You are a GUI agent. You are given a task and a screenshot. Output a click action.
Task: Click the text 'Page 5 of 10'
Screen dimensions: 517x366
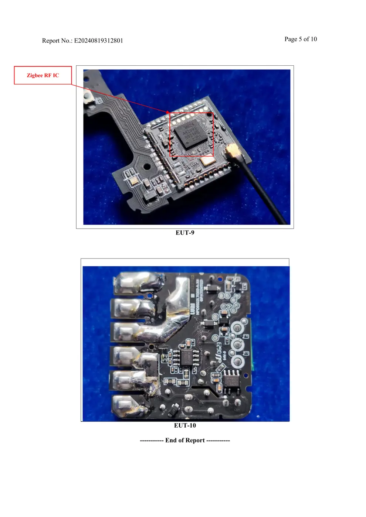coord(301,39)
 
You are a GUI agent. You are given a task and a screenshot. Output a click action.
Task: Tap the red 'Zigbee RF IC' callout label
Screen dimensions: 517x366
coord(43,75)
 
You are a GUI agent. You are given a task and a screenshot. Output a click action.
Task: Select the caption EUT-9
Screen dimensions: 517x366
coord(185,233)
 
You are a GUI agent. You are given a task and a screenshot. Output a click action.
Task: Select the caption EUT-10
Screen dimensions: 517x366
coord(185,425)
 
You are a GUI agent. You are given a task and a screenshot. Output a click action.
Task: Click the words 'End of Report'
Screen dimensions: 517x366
coord(185,440)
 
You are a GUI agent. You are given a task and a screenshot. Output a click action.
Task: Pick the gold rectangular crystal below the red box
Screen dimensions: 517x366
coord(207,160)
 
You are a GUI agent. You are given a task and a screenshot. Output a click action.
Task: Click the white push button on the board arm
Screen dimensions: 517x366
coord(88,98)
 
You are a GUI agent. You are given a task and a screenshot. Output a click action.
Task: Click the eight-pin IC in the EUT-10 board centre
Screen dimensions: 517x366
coord(187,357)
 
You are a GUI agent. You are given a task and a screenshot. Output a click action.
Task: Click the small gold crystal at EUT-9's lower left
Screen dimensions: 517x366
coord(133,181)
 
